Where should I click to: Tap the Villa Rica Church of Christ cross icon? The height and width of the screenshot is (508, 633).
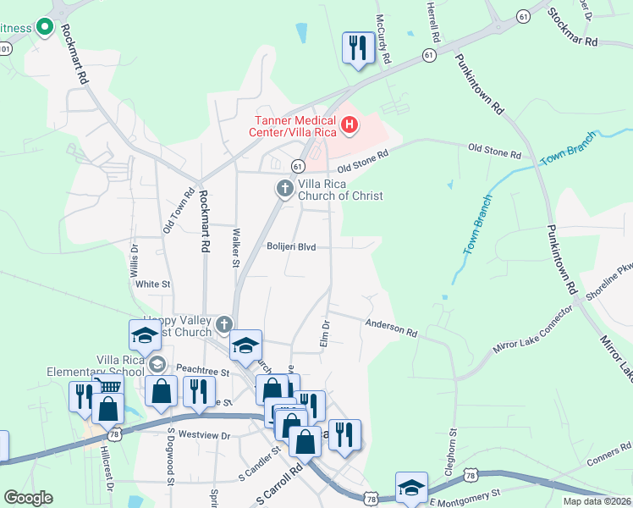pyautogui.click(x=285, y=187)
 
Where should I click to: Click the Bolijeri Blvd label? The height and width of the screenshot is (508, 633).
pyautogui.click(x=291, y=247)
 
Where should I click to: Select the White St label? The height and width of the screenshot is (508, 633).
pyautogui.click(x=153, y=284)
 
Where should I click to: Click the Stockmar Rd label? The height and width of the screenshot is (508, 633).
pyautogui.click(x=573, y=28)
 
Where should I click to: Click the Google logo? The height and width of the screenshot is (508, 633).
pyautogui.click(x=28, y=498)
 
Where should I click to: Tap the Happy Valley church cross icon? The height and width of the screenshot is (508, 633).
pyautogui.click(x=223, y=323)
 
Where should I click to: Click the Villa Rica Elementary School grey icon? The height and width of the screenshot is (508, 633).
pyautogui.click(x=156, y=363)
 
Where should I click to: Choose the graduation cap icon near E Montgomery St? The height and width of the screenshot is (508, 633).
pyautogui.click(x=410, y=487)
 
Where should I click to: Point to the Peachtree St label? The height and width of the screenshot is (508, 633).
pyautogui.click(x=203, y=372)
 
